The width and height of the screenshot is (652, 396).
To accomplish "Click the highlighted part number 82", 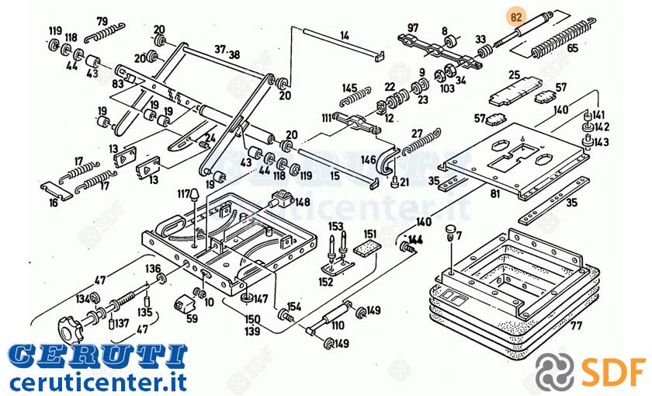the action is pos(516,17).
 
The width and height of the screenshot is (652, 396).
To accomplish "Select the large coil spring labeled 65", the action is pos(562,38).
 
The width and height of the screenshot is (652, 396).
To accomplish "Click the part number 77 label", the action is pos(576,325).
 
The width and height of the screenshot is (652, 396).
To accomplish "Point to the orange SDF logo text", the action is pos(614,370).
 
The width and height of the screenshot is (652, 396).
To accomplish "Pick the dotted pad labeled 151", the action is pos(368,248).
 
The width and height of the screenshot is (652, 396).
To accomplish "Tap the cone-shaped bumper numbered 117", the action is pos(195,196).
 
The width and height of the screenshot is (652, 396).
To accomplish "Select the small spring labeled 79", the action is pos(104,33).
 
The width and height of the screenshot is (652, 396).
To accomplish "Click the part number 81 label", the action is pos(494,193).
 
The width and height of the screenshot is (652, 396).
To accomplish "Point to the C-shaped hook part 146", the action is pos(387,161).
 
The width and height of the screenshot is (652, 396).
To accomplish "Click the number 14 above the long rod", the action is pos(345,36).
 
